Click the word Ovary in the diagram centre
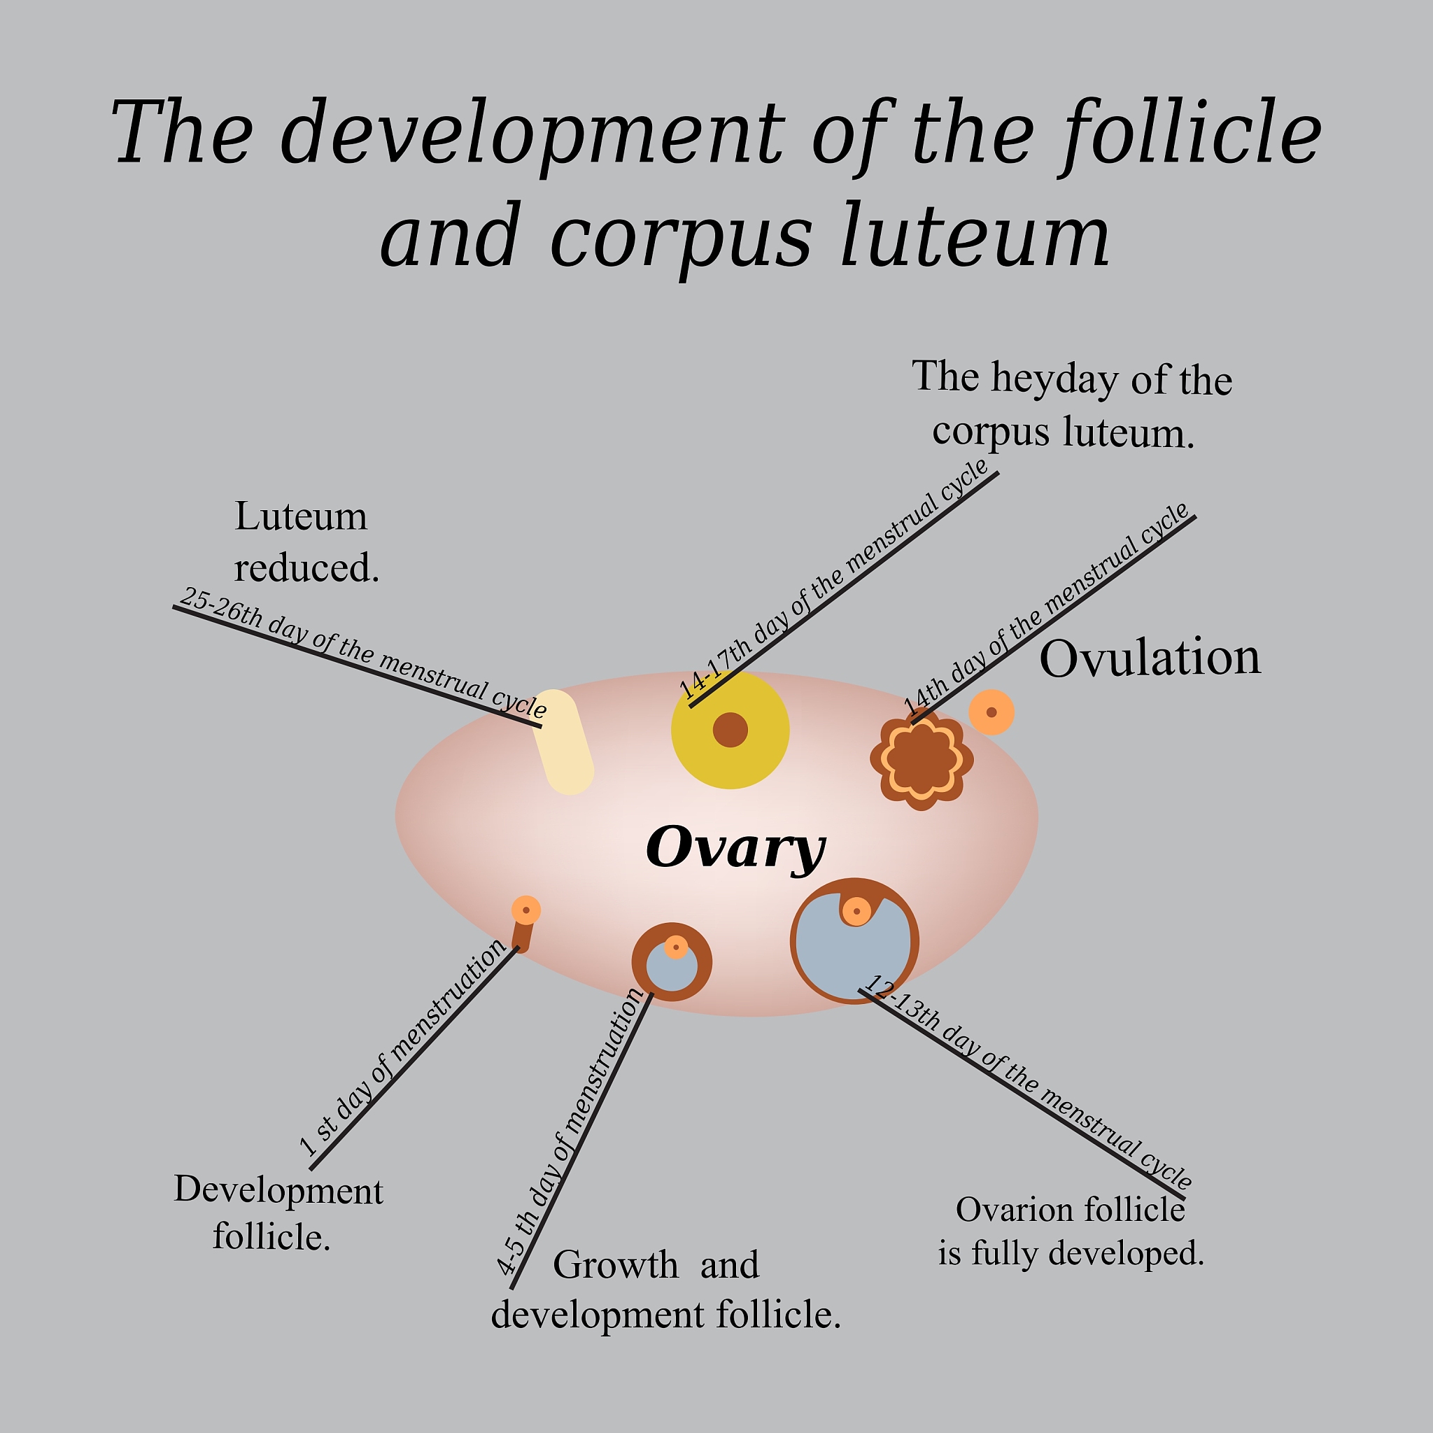tap(734, 848)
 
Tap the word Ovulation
tap(1150, 658)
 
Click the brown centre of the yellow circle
tap(730, 729)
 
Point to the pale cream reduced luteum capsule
tap(563, 741)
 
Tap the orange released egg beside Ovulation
tap(991, 712)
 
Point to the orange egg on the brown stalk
tap(526, 910)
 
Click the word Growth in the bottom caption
tap(615, 1265)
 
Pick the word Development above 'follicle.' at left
tap(278, 1190)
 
